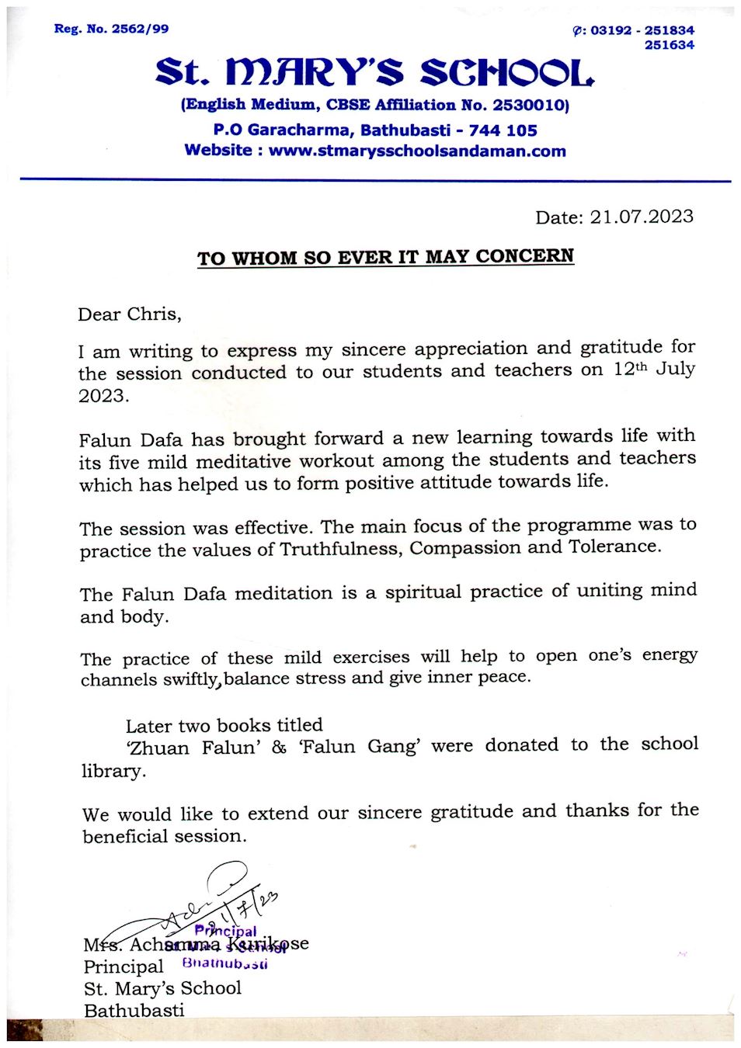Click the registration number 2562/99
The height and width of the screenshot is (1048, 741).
pos(140,29)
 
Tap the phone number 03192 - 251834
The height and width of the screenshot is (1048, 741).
pos(642,30)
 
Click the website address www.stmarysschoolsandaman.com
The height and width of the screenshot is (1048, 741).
pos(417,151)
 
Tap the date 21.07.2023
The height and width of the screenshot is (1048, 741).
pos(641,217)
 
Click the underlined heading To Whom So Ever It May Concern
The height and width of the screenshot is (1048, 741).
pos(385,257)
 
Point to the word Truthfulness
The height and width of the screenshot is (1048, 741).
pos(339,549)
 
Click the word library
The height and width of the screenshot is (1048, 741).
pos(113,771)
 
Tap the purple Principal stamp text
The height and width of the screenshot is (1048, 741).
pos(225,930)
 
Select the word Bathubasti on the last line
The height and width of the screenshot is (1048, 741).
pos(134,1010)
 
